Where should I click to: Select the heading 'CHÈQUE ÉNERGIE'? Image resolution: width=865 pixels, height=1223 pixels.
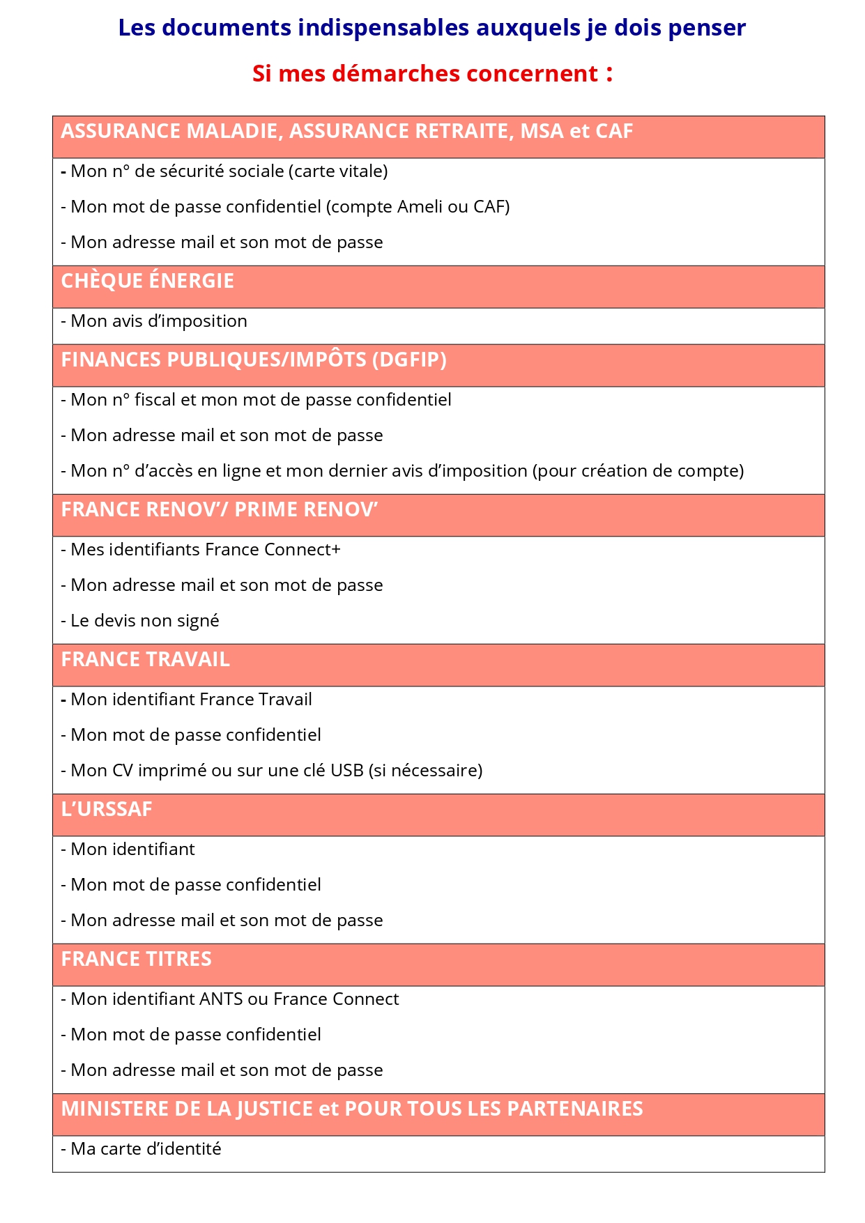pos(147,281)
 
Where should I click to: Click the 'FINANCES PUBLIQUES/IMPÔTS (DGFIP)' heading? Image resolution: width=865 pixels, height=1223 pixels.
pos(254,360)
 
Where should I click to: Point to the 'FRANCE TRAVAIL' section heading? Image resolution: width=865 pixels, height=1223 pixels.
pos(145,659)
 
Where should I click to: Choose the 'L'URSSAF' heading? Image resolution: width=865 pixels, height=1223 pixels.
pos(107,809)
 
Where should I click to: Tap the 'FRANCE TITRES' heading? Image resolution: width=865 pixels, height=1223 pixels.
pos(136,959)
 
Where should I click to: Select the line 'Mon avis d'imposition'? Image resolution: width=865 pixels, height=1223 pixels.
pos(154,321)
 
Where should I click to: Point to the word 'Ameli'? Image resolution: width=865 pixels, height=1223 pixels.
pos(420,207)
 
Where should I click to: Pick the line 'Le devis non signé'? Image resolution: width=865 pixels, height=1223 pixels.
pos(140,621)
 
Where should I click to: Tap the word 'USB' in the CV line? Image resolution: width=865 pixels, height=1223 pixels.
pos(346,771)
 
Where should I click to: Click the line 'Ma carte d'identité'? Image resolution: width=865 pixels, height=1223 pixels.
pos(141,1149)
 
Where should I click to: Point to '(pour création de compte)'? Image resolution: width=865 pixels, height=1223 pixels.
pos(638,471)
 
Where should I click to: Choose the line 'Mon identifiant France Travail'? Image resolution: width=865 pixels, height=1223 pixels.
pos(186,700)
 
